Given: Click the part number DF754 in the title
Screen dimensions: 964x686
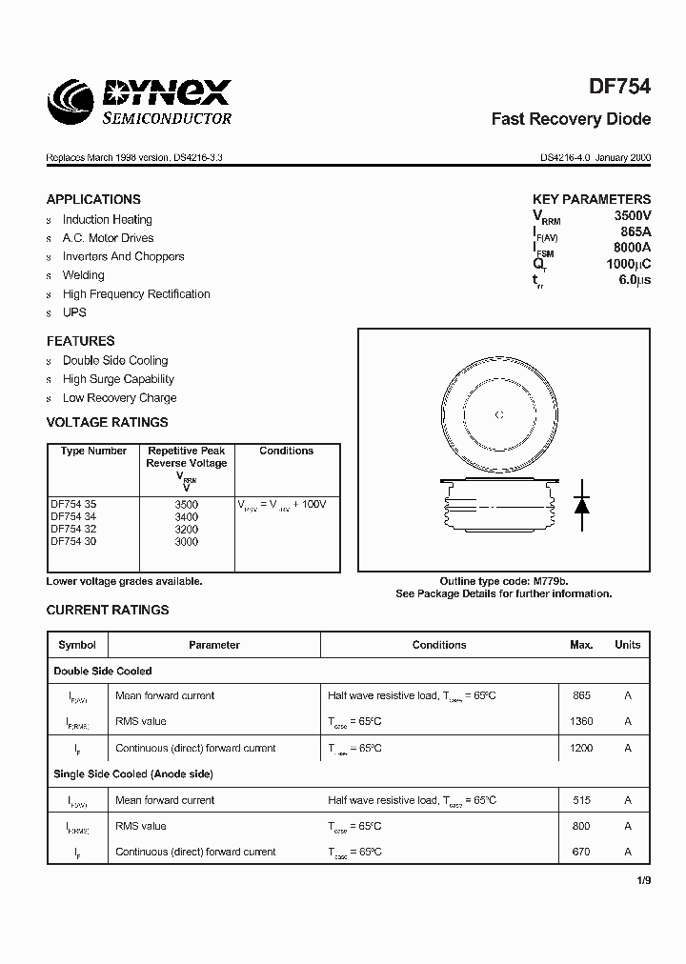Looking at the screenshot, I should (x=619, y=87).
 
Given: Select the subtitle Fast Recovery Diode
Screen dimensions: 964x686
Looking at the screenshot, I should (x=571, y=119).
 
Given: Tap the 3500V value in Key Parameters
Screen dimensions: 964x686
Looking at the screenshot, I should (x=632, y=216).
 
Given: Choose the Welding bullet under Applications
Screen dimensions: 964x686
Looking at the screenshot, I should (x=84, y=275).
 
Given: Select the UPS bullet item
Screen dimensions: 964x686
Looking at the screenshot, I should (x=74, y=312).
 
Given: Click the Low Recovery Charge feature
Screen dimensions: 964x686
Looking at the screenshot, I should (x=119, y=398).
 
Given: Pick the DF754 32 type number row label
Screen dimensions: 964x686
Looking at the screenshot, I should (x=73, y=529).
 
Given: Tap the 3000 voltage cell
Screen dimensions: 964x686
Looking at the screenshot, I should (x=187, y=541).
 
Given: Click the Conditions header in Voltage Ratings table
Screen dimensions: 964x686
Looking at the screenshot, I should (x=286, y=451).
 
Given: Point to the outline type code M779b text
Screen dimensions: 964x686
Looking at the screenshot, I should (x=504, y=581).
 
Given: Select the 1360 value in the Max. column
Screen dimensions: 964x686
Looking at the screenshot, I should (x=581, y=722).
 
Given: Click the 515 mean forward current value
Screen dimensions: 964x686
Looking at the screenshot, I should (x=581, y=800).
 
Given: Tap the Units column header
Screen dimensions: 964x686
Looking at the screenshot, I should (x=627, y=645).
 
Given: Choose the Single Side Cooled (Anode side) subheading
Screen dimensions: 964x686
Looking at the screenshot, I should (x=133, y=773).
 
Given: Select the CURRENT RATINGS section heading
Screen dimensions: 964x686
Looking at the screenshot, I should (x=108, y=610).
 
